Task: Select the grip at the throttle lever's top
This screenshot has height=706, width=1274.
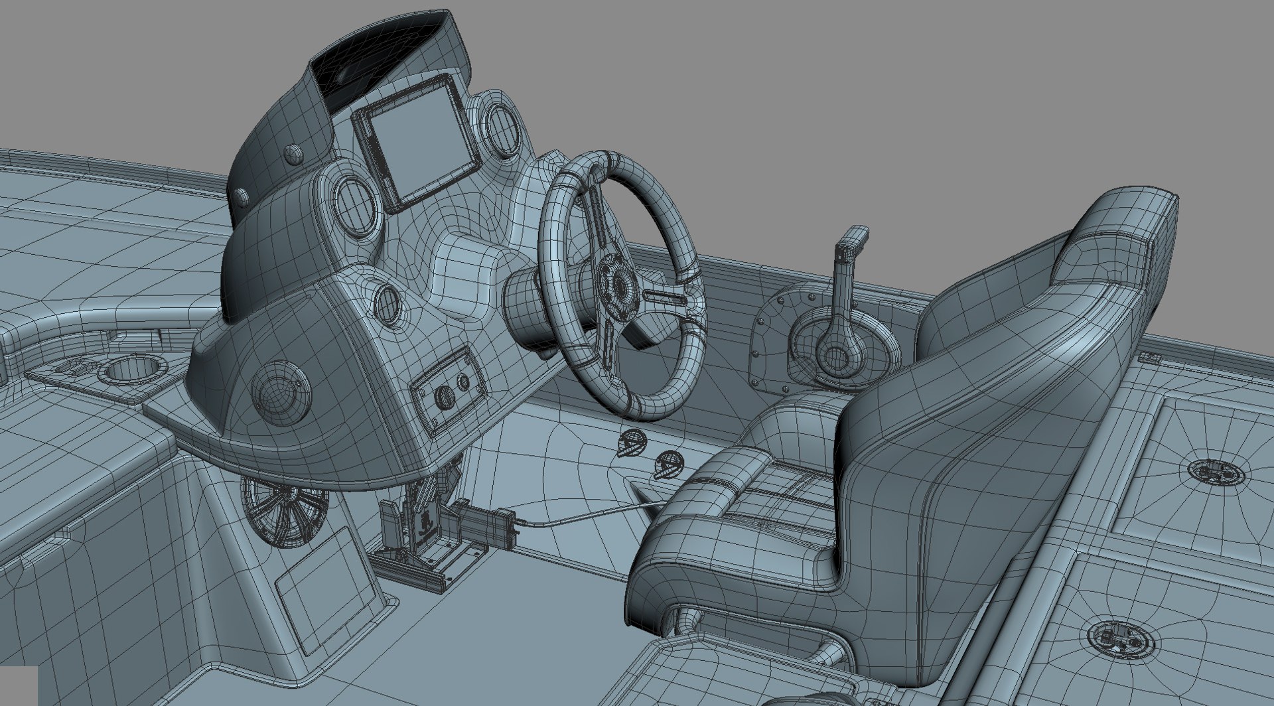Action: (852, 239)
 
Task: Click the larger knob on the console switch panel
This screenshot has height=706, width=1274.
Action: (444, 397)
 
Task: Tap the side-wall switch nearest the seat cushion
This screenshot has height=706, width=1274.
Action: (667, 464)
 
